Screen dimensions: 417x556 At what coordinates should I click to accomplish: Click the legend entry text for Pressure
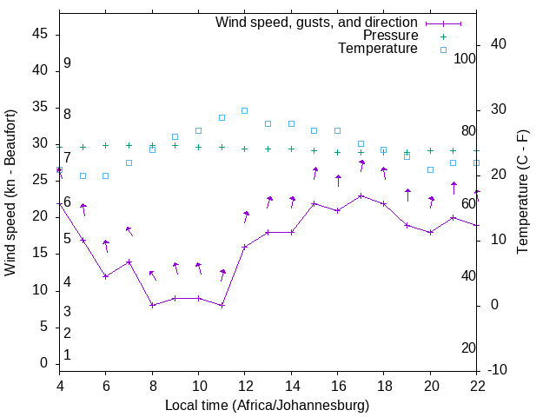(391, 36)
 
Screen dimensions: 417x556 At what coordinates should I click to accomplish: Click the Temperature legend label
(378, 49)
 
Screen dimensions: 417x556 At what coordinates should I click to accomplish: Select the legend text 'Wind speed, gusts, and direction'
(317, 22)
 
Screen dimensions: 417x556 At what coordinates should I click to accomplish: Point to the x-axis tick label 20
(430, 387)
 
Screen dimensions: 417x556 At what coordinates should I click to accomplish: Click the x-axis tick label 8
(152, 387)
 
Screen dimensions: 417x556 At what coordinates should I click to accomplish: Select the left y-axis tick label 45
(39, 34)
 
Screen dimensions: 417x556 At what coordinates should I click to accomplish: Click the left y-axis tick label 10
(39, 290)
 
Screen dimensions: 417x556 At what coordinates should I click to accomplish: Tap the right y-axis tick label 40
(498, 44)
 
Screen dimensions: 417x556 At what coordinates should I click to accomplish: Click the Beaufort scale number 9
(67, 63)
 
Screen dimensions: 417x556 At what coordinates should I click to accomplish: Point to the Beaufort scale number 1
(67, 354)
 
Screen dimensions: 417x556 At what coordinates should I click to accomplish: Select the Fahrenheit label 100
(465, 58)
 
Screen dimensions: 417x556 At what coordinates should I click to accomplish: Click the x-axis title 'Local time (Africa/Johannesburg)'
(267, 405)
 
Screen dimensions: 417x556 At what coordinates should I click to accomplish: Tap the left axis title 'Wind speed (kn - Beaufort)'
(10, 193)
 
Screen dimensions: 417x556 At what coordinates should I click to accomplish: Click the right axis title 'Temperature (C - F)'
(522, 192)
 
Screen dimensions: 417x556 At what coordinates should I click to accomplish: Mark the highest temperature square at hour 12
(244, 110)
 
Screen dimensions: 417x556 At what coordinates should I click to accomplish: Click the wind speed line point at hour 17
(361, 195)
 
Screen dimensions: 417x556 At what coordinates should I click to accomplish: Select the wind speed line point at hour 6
(105, 276)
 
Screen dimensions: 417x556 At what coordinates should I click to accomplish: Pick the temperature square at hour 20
(430, 169)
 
